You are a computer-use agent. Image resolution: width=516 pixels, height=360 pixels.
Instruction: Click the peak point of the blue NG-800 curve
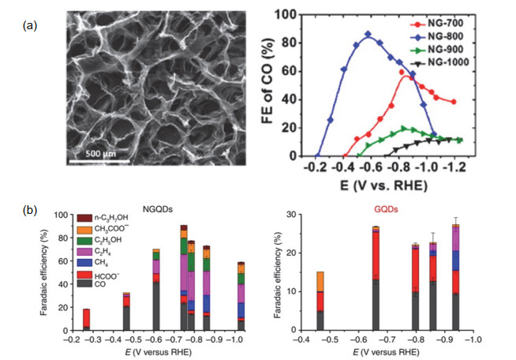(368, 34)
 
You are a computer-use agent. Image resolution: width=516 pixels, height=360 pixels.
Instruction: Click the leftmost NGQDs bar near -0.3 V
(86, 319)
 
